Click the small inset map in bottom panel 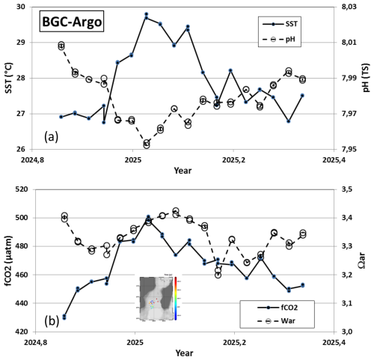[158, 298]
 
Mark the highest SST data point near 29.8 [147, 14]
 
